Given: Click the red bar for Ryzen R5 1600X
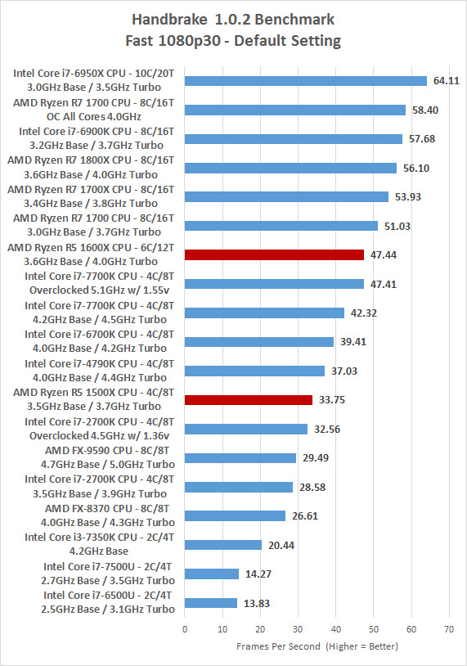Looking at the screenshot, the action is [274, 254].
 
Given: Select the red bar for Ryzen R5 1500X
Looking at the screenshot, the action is [249, 400].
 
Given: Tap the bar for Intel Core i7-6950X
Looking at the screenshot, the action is [306, 81].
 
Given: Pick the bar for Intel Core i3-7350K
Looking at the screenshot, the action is [223, 545].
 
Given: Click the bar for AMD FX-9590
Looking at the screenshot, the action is [240, 458].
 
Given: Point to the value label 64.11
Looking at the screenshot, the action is [447, 81].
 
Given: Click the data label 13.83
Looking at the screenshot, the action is [257, 604].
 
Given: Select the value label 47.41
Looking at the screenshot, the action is [384, 284].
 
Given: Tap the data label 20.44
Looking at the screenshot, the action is [281, 546].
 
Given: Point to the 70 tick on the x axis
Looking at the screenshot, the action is [449, 629].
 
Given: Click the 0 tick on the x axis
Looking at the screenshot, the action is [185, 629].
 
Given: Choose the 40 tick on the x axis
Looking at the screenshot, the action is [335, 629].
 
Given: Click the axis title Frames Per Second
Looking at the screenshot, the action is [278, 646].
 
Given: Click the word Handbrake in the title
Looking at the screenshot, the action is [169, 20].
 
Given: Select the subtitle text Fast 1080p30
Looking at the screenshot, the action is [173, 41].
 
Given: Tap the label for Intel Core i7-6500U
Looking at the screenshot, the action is [108, 596].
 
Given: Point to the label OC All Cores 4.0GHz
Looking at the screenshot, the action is [94, 117].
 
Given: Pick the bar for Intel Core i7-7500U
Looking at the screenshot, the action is [212, 574].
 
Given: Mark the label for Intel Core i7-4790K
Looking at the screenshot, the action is [99, 364].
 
